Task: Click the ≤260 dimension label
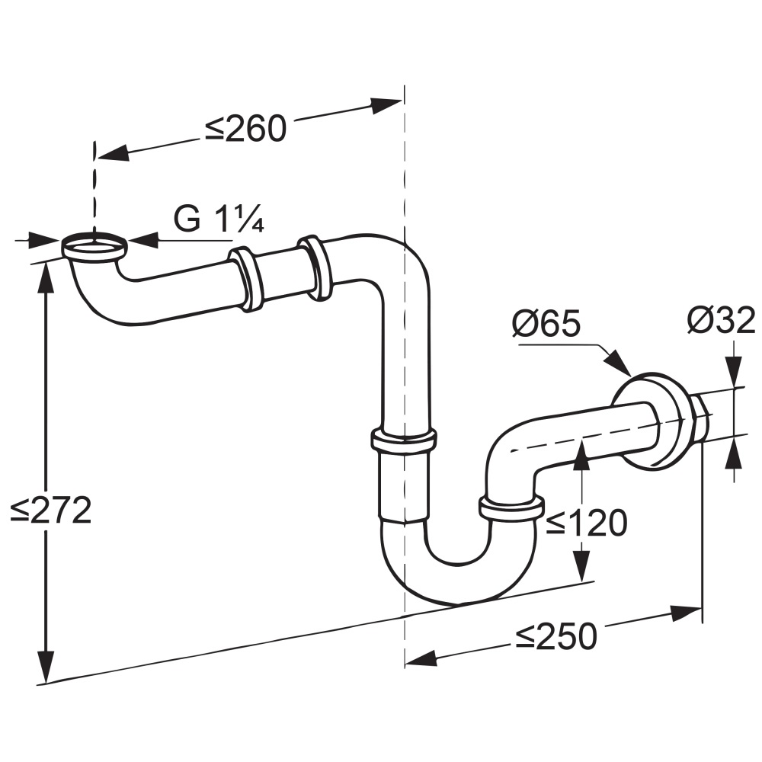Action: [245, 129]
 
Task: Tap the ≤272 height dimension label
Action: [51, 511]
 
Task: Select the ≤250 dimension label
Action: [556, 636]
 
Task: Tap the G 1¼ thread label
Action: [219, 219]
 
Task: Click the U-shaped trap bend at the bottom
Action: [459, 568]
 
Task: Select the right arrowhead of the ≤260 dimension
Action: [386, 104]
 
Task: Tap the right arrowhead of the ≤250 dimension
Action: [685, 613]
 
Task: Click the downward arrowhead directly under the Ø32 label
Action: [735, 372]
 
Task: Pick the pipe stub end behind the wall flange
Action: [700, 418]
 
